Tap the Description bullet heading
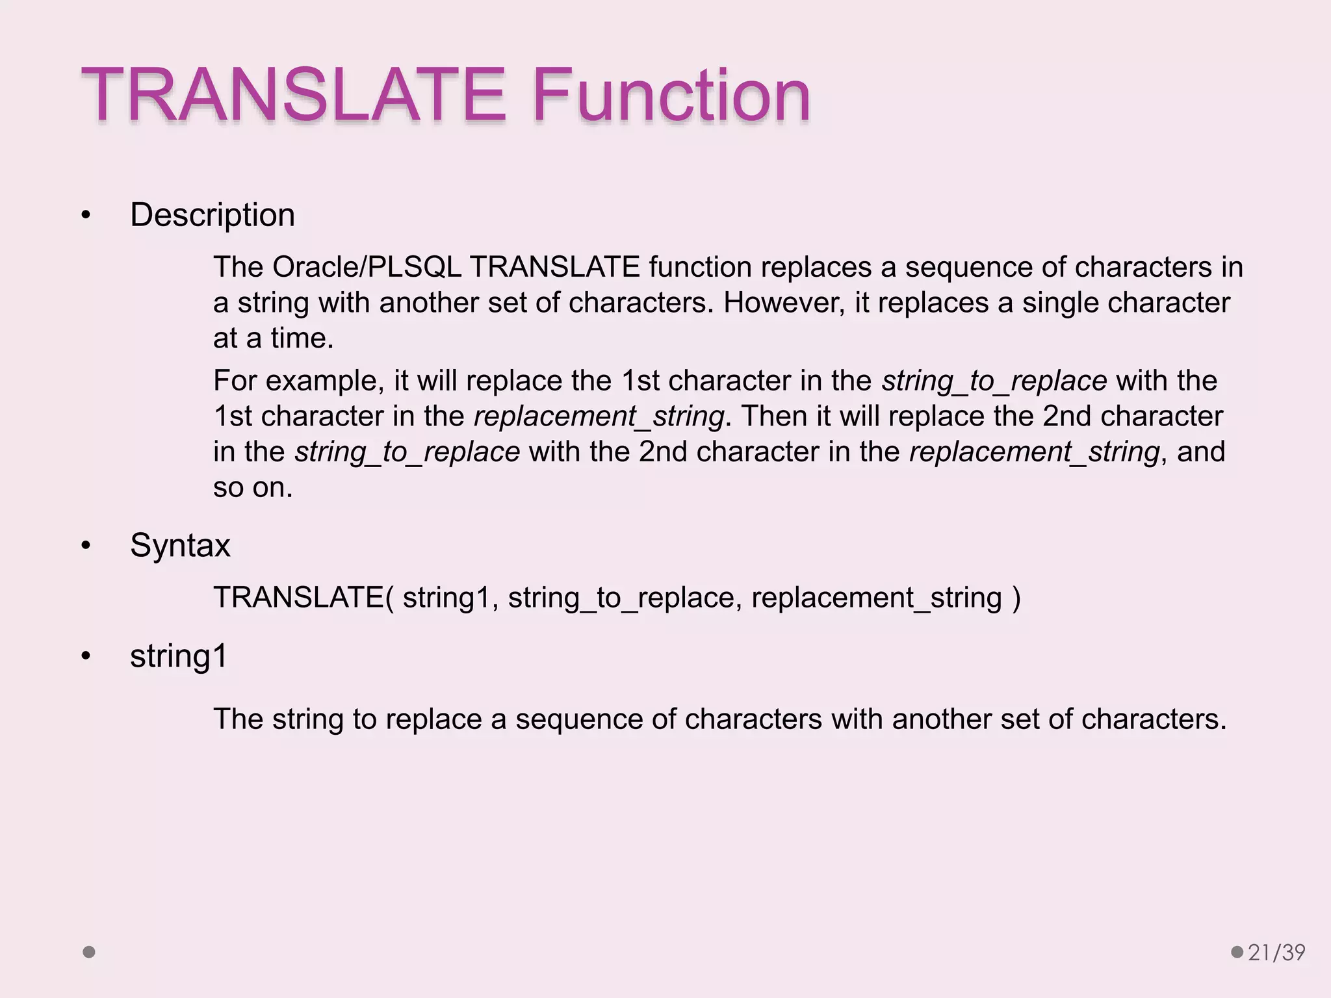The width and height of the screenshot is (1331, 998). [x=213, y=215]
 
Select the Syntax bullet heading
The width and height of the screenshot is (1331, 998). [x=180, y=545]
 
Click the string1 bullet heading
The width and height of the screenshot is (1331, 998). [x=179, y=656]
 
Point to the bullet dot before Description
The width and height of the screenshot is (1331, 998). [x=86, y=216]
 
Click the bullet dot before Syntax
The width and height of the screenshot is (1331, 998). [x=86, y=546]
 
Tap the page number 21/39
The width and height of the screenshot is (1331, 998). [x=1276, y=953]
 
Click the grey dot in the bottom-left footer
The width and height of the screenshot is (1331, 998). [x=89, y=953]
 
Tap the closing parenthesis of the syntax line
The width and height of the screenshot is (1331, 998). [x=1016, y=597]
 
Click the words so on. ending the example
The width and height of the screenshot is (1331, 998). [x=253, y=487]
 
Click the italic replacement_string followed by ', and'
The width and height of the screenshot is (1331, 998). [x=1034, y=452]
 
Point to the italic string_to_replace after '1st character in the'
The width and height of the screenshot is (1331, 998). [x=994, y=381]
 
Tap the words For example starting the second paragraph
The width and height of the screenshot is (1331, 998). [x=294, y=381]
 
